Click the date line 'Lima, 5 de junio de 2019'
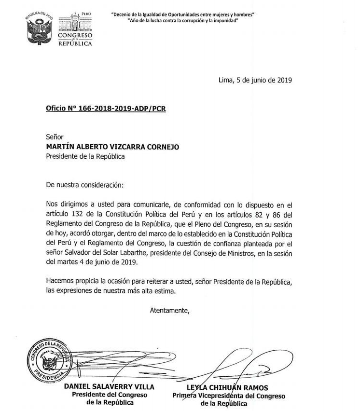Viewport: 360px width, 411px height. tap(255, 80)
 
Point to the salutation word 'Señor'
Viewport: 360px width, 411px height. tap(55, 137)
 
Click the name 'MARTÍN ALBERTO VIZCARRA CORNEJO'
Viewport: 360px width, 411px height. tap(112, 147)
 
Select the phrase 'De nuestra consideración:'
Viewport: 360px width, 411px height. tap(84, 184)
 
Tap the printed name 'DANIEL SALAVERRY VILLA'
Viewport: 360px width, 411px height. tap(110, 387)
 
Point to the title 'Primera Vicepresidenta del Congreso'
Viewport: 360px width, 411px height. tap(229, 396)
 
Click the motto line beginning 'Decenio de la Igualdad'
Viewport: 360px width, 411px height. tap(183, 14)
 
